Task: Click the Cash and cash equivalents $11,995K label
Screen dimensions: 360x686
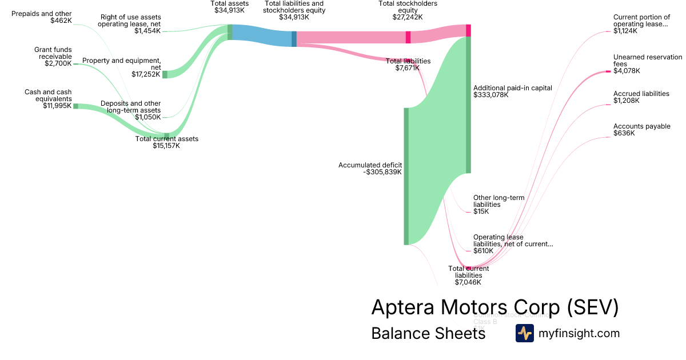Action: click(x=48, y=99)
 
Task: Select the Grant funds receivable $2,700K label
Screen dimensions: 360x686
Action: click(x=53, y=57)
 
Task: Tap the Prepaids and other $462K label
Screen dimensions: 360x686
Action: click(x=42, y=17)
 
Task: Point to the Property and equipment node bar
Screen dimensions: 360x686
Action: click(x=165, y=74)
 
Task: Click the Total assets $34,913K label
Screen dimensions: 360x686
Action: click(x=229, y=7)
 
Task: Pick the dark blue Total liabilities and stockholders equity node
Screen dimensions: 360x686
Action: click(x=294, y=38)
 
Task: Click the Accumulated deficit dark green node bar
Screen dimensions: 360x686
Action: click(x=406, y=176)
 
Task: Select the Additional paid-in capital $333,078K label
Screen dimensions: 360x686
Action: click(x=512, y=91)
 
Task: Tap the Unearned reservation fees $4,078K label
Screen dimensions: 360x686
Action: click(x=647, y=64)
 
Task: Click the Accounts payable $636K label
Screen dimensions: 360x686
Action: click(x=641, y=130)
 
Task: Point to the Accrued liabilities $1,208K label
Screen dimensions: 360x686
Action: click(x=641, y=97)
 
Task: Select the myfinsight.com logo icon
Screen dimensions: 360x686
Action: click(x=524, y=333)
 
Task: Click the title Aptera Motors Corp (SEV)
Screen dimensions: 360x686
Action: click(x=494, y=307)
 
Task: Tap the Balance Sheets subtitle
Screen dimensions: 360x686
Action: click(x=428, y=333)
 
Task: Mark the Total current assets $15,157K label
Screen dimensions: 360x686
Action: click(x=166, y=142)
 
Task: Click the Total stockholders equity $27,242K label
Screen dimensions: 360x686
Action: click(x=408, y=10)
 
